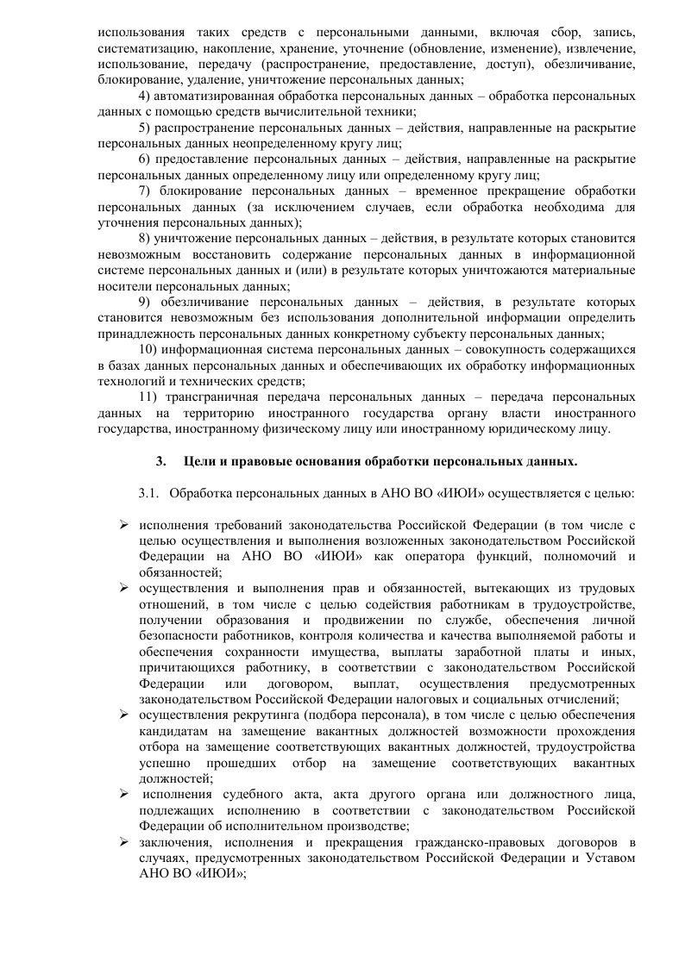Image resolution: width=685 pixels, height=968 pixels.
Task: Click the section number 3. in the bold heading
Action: (160, 461)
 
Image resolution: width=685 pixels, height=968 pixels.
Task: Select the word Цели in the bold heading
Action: (198, 461)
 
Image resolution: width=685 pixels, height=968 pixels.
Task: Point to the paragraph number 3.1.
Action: (149, 494)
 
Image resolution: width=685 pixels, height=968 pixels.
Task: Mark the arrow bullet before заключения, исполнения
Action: (125, 840)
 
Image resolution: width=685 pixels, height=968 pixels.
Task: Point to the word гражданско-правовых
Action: (440, 841)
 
